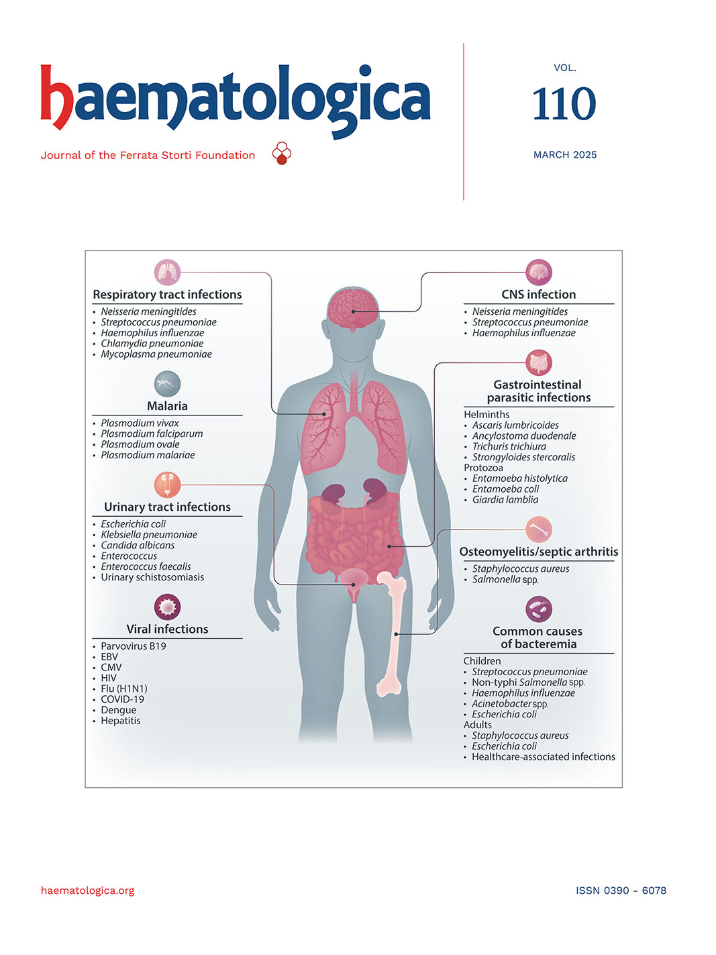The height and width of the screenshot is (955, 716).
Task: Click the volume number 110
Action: [564, 103]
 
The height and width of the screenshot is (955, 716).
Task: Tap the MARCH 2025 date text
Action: [565, 155]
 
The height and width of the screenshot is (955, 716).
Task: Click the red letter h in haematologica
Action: [56, 97]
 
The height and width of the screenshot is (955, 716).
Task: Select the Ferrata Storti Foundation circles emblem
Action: [281, 153]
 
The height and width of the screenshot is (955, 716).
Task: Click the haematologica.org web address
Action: [87, 890]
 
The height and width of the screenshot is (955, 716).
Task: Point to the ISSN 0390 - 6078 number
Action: [621, 890]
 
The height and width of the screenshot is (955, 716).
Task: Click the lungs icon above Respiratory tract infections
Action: [168, 272]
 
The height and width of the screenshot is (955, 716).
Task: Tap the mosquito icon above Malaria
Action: [168, 384]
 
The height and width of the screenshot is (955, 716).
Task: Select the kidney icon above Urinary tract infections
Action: [168, 485]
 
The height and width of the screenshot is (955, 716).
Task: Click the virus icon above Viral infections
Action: [168, 607]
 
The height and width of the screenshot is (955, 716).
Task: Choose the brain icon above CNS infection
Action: [539, 272]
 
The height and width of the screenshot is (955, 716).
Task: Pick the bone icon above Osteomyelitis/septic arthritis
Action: [539, 530]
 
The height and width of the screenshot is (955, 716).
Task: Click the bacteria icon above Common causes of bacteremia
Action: [539, 609]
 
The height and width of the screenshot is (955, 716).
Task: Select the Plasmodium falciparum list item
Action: [152, 434]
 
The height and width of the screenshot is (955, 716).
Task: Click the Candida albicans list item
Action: [138, 545]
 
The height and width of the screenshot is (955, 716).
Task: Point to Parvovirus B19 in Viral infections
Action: [133, 646]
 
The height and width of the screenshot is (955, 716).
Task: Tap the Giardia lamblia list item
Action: [505, 500]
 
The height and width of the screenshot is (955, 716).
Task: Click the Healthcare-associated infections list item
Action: [544, 756]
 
